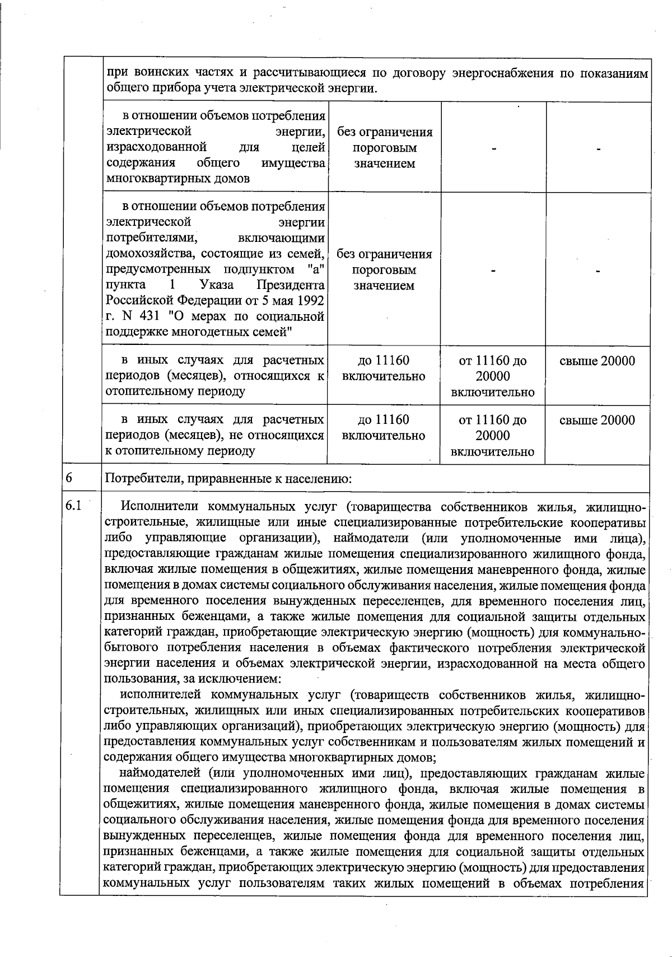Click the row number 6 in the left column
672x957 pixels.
pos(69,478)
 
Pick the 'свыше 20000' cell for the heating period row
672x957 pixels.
pos(598,361)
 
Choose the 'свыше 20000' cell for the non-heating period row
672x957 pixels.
pos(598,420)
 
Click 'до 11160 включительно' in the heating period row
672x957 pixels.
pos(384,368)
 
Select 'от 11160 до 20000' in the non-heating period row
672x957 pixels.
pos(492,428)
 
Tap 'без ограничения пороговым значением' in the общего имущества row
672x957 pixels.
pos(384,148)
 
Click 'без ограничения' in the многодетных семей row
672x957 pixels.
pos(384,254)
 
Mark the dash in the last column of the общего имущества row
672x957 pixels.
pos(599,150)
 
